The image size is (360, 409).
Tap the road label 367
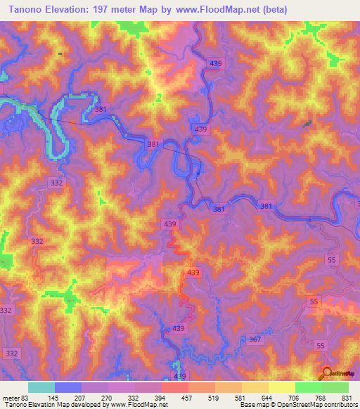coord(255,339)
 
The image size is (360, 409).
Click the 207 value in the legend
coord(89,398)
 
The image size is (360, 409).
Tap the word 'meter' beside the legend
coord(9,398)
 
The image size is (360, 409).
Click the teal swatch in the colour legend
coord(41,387)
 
